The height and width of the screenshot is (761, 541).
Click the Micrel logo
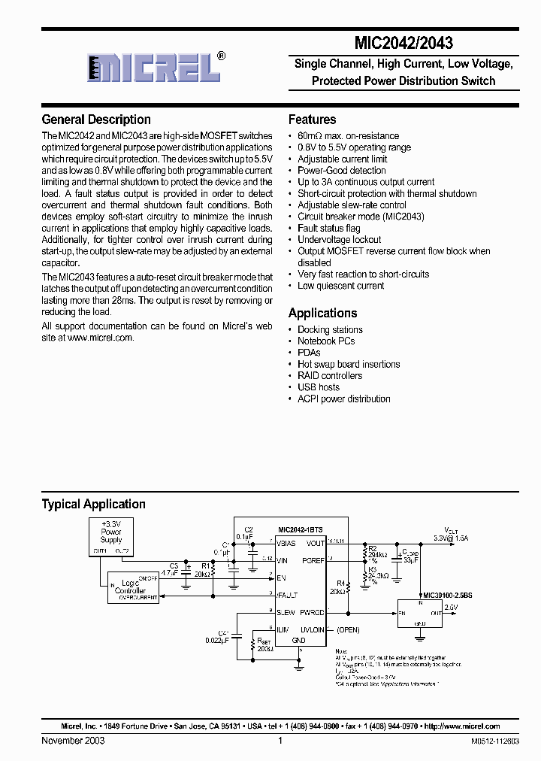(x=155, y=67)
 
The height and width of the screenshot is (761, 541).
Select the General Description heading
(x=96, y=120)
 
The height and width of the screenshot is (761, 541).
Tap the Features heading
(x=312, y=120)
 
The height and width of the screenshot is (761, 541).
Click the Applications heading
(x=322, y=313)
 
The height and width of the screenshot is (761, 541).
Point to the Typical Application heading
(x=93, y=505)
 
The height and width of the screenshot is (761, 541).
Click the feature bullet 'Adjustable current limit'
(x=342, y=159)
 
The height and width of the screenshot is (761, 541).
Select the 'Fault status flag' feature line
(x=328, y=228)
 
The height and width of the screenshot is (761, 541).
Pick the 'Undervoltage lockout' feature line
(x=339, y=240)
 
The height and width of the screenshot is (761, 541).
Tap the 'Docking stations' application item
(x=330, y=329)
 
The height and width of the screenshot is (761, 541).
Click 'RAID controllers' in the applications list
(x=329, y=375)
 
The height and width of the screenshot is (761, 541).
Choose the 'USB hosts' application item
(x=319, y=387)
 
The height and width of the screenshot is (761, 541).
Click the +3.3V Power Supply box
(x=111, y=535)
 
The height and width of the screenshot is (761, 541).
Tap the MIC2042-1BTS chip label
(x=300, y=529)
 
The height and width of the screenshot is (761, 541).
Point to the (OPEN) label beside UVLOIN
(x=348, y=629)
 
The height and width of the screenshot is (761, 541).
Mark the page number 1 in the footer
(x=280, y=741)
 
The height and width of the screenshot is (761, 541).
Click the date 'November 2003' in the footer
(x=73, y=741)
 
